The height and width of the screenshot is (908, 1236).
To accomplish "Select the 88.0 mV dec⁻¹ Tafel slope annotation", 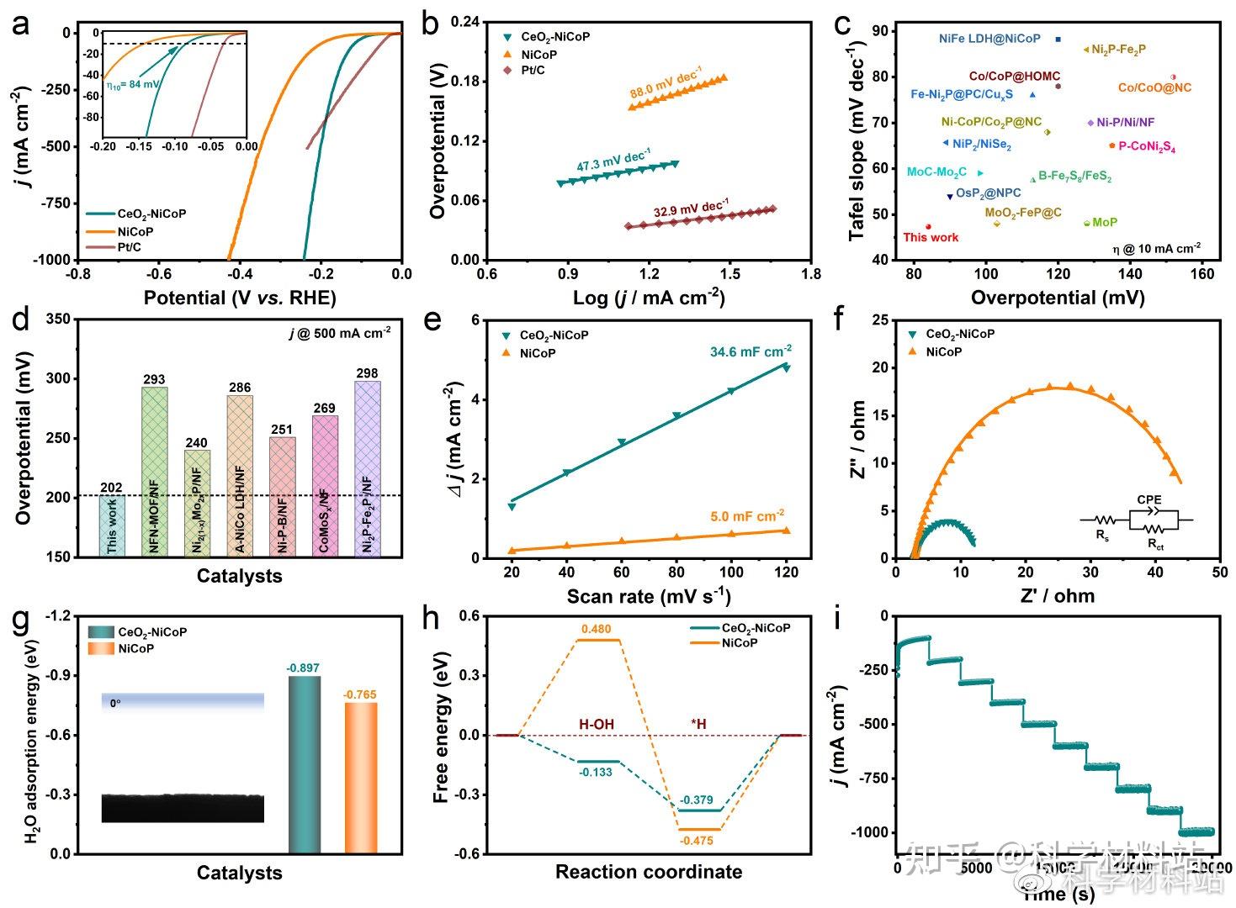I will tap(666, 87).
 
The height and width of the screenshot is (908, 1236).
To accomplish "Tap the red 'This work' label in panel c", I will tap(931, 237).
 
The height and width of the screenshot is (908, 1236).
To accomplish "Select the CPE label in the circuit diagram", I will tap(1148, 500).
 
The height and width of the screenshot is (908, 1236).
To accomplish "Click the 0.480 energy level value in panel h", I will tap(596, 629).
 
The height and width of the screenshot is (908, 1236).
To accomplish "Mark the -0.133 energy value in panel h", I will tap(596, 772).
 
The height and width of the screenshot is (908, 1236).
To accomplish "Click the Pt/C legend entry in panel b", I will tap(533, 70).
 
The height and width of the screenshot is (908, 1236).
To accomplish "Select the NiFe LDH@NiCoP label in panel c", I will tap(989, 39).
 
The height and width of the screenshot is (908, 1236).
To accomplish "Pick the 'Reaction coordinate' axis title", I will tap(649, 872).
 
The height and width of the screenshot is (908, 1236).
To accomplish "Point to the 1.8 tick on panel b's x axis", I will tap(810, 274).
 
